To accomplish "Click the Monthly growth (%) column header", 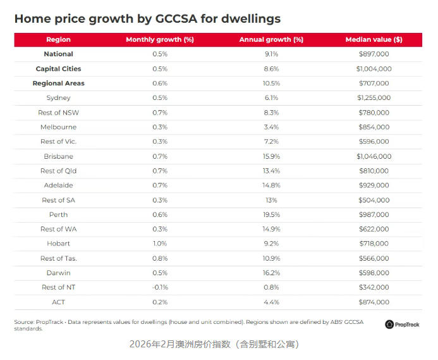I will pyautogui.click(x=159, y=40).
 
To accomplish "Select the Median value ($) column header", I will pyautogui.click(x=374, y=40).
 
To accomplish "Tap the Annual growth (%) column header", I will pyautogui.click(x=271, y=40).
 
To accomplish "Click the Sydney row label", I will pyautogui.click(x=58, y=98).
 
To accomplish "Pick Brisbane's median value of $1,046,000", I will pyautogui.click(x=374, y=156).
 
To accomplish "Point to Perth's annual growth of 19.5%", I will pyautogui.click(x=271, y=214).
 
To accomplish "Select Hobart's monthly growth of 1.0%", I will pyautogui.click(x=159, y=244).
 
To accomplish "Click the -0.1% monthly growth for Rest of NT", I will pyautogui.click(x=159, y=287).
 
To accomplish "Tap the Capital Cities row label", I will pyautogui.click(x=58, y=69).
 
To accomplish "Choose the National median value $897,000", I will pyautogui.click(x=374, y=54).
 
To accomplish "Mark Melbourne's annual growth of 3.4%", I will pyautogui.click(x=271, y=127).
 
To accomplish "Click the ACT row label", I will pyautogui.click(x=58, y=302).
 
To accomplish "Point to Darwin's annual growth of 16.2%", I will pyautogui.click(x=271, y=273).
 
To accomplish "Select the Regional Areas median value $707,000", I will pyautogui.click(x=374, y=84).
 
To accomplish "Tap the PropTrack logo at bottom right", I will pyautogui.click(x=403, y=325).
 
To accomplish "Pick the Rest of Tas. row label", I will pyautogui.click(x=58, y=258).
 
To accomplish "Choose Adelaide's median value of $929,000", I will pyautogui.click(x=374, y=185).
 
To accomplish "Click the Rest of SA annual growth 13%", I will pyautogui.click(x=271, y=200).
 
